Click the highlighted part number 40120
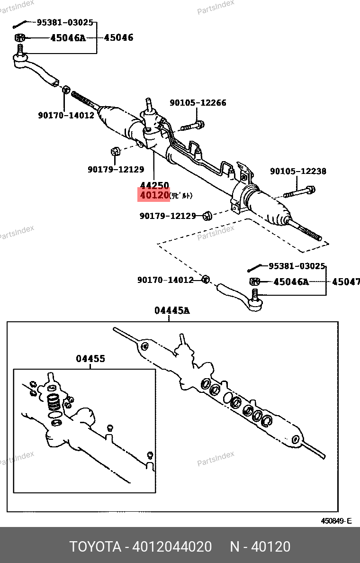coord(153,195)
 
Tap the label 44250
coord(154,185)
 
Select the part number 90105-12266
coord(198,103)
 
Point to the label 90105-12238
coord(298,171)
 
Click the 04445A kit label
coord(171,311)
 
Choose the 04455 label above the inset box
coord(90,359)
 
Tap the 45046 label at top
coord(118,37)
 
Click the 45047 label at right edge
coord(345,282)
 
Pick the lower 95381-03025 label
coord(297,266)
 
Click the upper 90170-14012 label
coord(66,115)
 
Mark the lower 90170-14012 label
coord(165,280)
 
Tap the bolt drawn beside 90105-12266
coord(192,126)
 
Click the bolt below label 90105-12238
coord(299,193)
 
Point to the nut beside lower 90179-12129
coord(207,216)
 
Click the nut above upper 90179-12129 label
coord(114,151)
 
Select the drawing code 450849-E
coord(336,521)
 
